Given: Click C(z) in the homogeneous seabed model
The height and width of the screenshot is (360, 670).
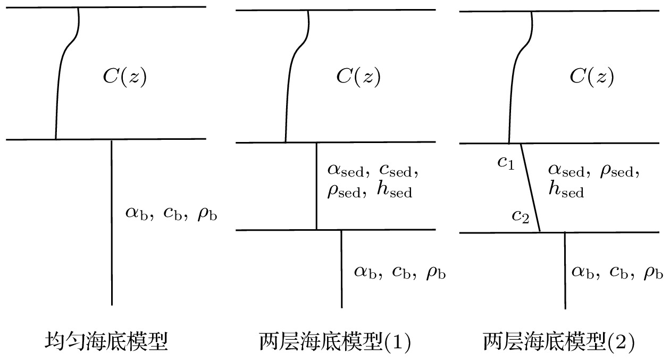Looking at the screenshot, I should click(124, 77).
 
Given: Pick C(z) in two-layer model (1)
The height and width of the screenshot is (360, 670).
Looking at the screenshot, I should click(358, 77).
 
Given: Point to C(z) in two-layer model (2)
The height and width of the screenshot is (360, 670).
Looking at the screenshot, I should click(591, 77).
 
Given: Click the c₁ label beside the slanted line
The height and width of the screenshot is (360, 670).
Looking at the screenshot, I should click(506, 163).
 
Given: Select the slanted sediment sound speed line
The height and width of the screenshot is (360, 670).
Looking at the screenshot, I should click(530, 187).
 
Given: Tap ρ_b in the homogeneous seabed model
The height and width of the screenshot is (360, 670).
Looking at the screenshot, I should click(207, 215).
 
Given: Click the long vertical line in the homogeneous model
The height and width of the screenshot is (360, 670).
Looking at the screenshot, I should click(111, 223).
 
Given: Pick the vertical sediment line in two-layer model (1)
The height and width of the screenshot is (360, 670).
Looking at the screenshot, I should click(316, 186).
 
